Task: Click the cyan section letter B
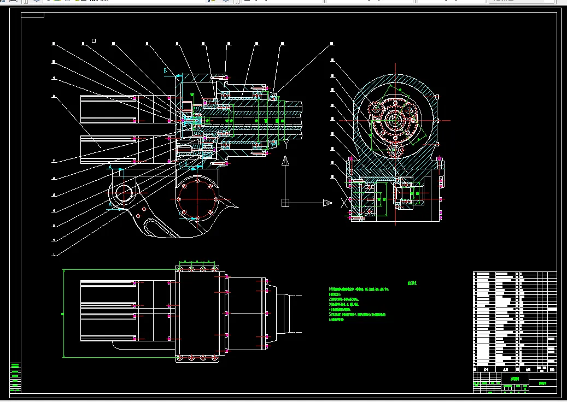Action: [x=165, y=70]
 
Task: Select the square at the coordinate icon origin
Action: [x=285, y=203]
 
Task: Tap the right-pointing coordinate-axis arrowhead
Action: [x=327, y=203]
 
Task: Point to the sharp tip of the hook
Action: [x=238, y=206]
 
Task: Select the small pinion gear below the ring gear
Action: [x=395, y=149]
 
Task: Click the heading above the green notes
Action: [x=412, y=283]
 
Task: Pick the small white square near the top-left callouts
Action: [x=94, y=40]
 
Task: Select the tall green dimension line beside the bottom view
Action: [x=63, y=313]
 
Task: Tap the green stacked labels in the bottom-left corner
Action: [x=15, y=376]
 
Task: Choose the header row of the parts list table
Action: [x=514, y=369]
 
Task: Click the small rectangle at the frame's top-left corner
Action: [x=33, y=15]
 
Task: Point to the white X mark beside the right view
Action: [x=343, y=203]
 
